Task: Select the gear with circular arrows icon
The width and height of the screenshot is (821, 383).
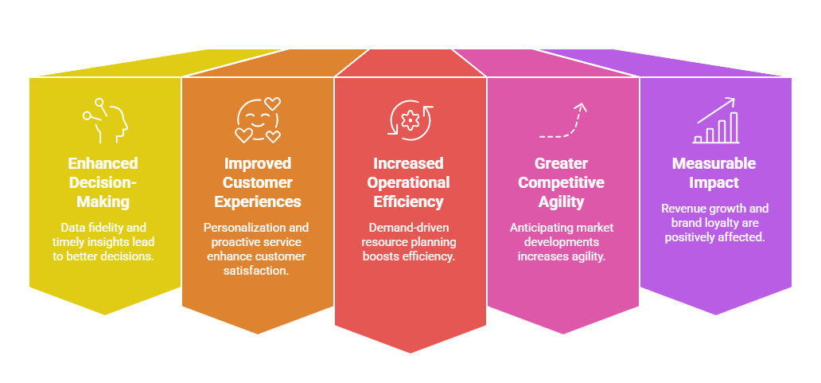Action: [410, 120]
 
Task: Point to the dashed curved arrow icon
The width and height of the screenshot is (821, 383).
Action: [562, 121]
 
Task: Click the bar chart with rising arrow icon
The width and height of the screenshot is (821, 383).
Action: [715, 122]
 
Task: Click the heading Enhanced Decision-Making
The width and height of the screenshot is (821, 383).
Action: [103, 182]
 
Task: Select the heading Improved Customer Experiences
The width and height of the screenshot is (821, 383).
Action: [258, 182]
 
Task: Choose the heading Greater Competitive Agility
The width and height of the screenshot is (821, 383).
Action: [562, 182]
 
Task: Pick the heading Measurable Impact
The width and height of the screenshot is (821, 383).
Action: [715, 173]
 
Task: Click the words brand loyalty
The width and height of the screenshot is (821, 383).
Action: [701, 223]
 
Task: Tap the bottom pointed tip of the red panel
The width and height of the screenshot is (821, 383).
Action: [410, 352]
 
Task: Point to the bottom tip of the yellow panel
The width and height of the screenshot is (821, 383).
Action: [105, 314]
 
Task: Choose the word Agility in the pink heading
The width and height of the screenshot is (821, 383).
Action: [562, 202]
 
